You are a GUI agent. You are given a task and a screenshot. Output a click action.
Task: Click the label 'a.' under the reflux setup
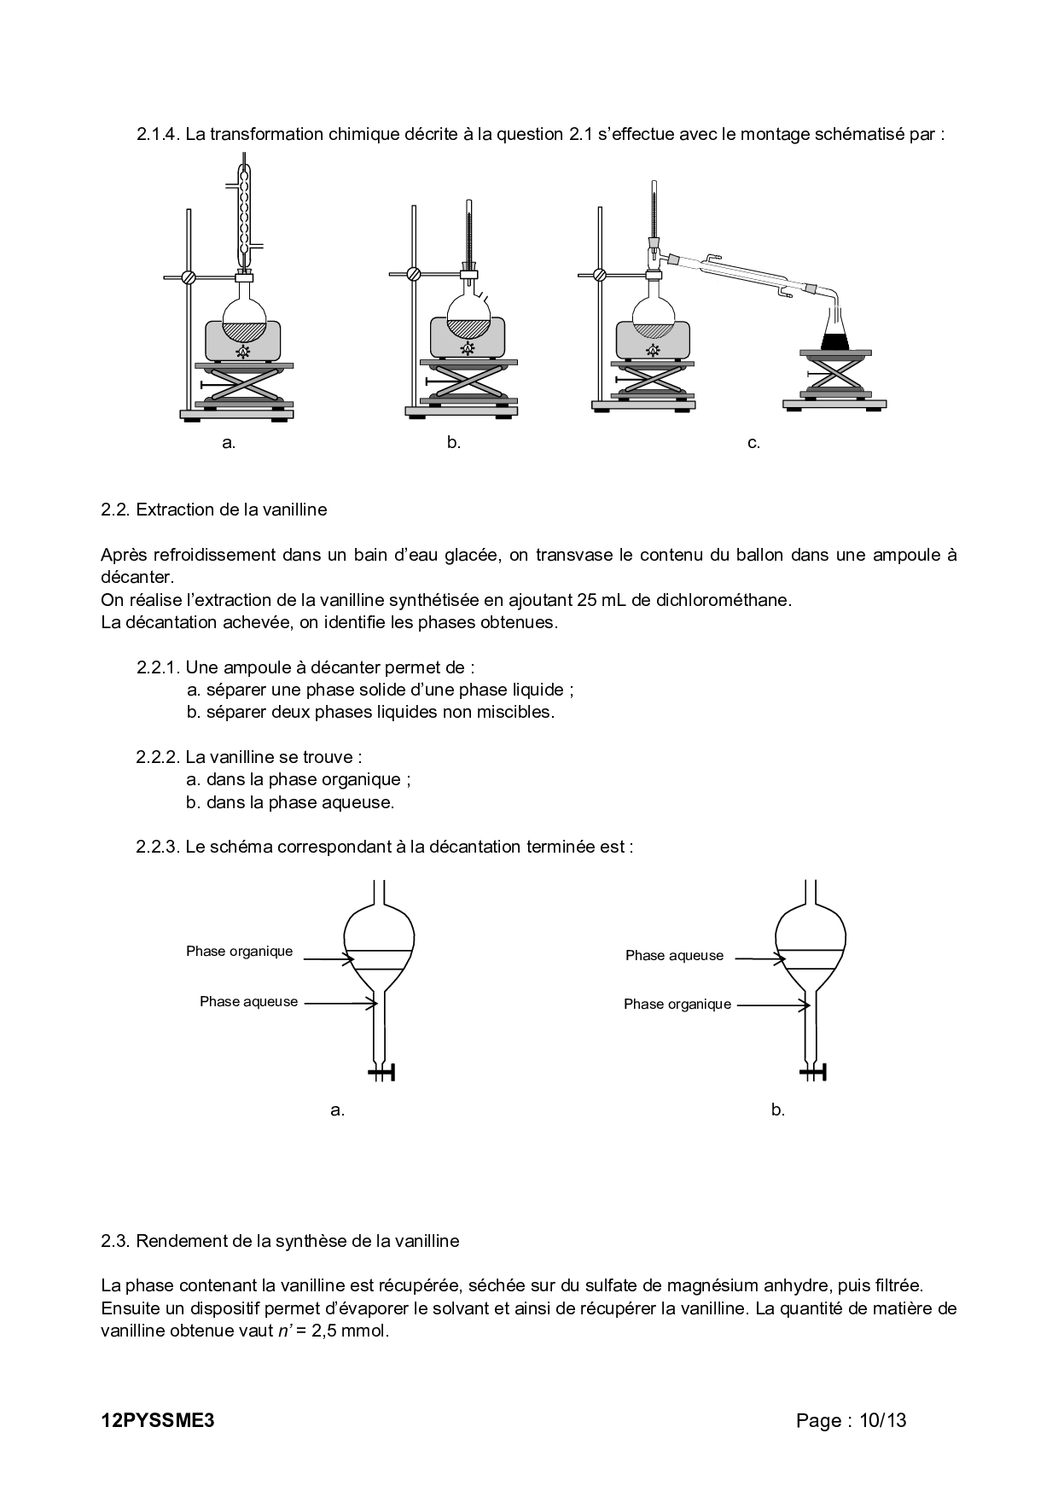[x=228, y=443]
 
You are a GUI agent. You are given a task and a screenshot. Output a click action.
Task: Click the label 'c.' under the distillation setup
[x=753, y=443]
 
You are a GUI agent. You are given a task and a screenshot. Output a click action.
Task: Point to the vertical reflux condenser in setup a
[x=246, y=213]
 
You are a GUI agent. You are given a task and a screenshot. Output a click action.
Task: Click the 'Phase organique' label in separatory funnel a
[x=239, y=951]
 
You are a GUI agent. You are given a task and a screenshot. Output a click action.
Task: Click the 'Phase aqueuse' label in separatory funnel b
[x=674, y=956]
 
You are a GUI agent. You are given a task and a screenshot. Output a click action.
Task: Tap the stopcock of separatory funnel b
[x=814, y=1072]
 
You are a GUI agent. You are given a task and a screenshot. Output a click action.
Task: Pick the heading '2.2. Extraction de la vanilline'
[x=213, y=510]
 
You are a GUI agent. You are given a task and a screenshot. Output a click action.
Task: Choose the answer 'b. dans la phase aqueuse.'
[x=290, y=802]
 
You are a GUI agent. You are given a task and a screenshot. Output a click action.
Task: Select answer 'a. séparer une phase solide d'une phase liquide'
[x=380, y=690]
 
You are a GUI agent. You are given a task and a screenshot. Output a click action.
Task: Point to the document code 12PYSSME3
[x=156, y=1420]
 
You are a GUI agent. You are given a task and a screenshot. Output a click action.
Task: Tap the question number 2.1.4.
[x=158, y=134]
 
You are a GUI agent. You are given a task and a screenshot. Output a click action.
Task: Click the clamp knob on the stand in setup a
[x=189, y=277]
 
